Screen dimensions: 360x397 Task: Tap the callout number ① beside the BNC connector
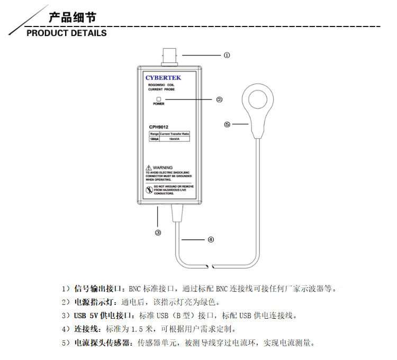[227, 55]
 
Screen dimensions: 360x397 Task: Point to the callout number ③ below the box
[158, 232]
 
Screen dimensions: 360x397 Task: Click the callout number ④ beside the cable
[211, 239]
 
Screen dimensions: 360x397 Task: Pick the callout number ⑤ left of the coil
[227, 125]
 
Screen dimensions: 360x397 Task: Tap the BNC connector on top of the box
[170, 55]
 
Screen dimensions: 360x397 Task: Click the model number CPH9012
[160, 127]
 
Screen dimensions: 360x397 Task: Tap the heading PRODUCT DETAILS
[67, 33]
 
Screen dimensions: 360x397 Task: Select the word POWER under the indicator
[159, 104]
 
